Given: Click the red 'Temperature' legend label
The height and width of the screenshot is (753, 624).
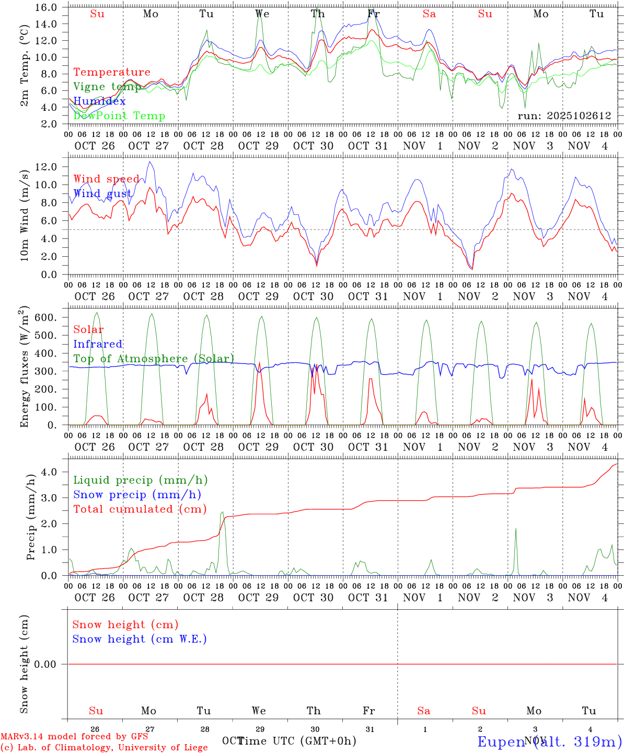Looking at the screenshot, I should point(112,72).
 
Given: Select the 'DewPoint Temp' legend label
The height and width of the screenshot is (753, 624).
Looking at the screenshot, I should point(119,116).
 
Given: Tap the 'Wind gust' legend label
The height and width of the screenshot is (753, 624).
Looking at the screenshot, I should point(102,193).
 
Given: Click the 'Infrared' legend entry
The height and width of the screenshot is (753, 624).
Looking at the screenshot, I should point(98,344).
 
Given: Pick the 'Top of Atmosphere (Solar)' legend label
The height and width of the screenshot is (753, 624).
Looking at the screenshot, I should point(154,359).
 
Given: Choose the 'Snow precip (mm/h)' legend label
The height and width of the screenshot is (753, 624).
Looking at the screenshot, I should point(137,495).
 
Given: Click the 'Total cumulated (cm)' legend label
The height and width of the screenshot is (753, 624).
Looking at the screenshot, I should point(140,509).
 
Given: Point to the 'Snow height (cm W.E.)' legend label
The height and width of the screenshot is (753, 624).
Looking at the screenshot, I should point(140,639).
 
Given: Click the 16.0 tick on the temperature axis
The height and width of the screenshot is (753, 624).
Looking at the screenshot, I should point(48,7).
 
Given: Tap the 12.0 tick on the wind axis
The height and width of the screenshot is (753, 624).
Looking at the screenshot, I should point(48,167).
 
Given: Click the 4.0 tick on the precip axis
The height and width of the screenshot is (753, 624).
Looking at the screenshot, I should point(51,472).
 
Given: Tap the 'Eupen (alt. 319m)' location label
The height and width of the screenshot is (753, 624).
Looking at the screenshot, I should point(549,741).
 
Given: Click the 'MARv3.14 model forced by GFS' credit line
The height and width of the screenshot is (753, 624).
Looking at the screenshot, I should point(74,737).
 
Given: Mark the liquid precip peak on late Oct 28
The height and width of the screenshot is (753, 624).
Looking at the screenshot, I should point(222,512).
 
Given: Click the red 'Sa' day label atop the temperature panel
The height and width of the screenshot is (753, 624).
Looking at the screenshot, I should point(430,14).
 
